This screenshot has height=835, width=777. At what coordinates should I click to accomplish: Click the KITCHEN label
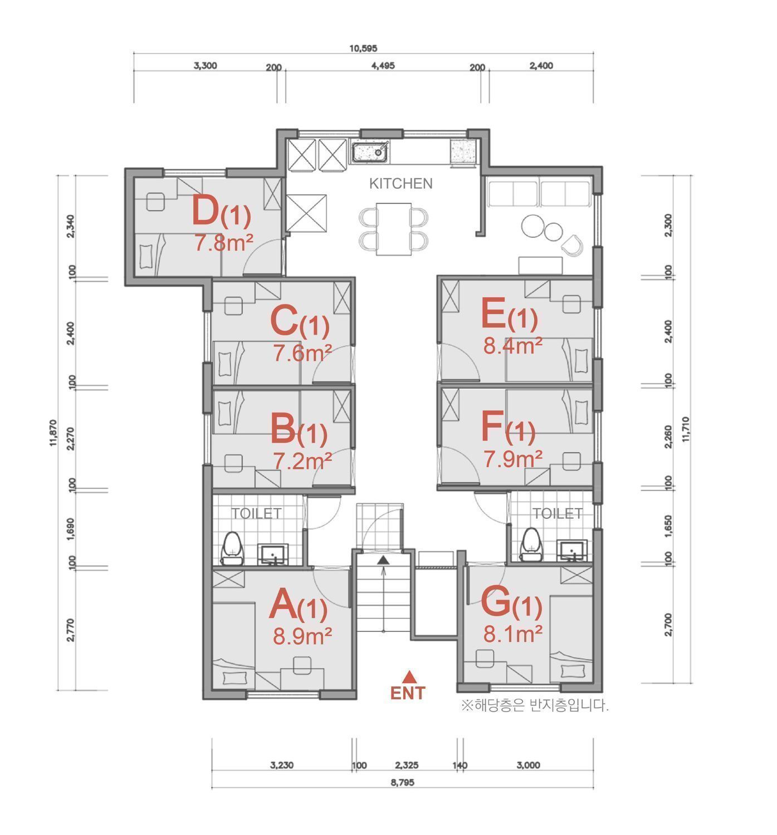tap(400, 184)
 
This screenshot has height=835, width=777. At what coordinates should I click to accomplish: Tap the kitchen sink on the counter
tap(371, 152)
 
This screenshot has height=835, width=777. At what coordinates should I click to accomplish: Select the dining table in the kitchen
tap(394, 229)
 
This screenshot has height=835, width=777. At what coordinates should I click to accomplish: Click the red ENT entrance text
tap(408, 693)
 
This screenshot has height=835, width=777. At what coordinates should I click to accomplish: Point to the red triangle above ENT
tap(408, 676)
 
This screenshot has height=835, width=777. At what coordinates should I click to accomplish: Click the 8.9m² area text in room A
tap(302, 636)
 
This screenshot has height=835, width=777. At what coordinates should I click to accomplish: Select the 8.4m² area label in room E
tap(512, 346)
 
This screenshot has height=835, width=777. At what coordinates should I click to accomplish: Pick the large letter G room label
tap(496, 602)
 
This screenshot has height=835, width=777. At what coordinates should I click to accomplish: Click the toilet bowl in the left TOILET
tap(233, 548)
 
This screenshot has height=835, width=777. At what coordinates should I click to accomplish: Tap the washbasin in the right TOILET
tap(571, 551)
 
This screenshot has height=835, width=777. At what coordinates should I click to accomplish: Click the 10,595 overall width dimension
tap(364, 48)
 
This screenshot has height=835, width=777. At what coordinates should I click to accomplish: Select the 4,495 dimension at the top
tap(383, 66)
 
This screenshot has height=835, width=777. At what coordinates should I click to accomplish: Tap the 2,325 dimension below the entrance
tap(407, 765)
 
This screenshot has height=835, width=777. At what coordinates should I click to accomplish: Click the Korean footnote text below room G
tap(535, 705)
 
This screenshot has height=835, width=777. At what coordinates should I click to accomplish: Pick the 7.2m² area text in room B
tap(302, 460)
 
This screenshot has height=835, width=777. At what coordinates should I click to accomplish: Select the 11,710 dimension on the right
tap(686, 429)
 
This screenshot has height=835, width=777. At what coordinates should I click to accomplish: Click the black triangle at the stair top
tap(383, 559)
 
